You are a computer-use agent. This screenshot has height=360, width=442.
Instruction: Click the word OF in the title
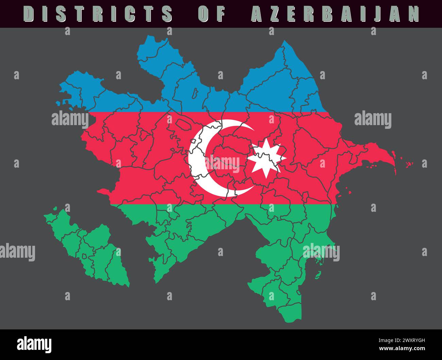point(211,14)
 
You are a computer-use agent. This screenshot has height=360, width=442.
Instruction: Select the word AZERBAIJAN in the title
point(335,14)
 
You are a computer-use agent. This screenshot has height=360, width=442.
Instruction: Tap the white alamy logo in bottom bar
point(34,344)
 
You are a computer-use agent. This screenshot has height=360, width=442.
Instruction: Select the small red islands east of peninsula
point(409,164)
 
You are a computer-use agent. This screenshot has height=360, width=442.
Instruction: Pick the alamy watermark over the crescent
point(223,162)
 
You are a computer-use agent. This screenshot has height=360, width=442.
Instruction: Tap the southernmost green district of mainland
point(291,313)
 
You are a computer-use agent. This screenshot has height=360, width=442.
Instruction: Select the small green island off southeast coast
point(318,275)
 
